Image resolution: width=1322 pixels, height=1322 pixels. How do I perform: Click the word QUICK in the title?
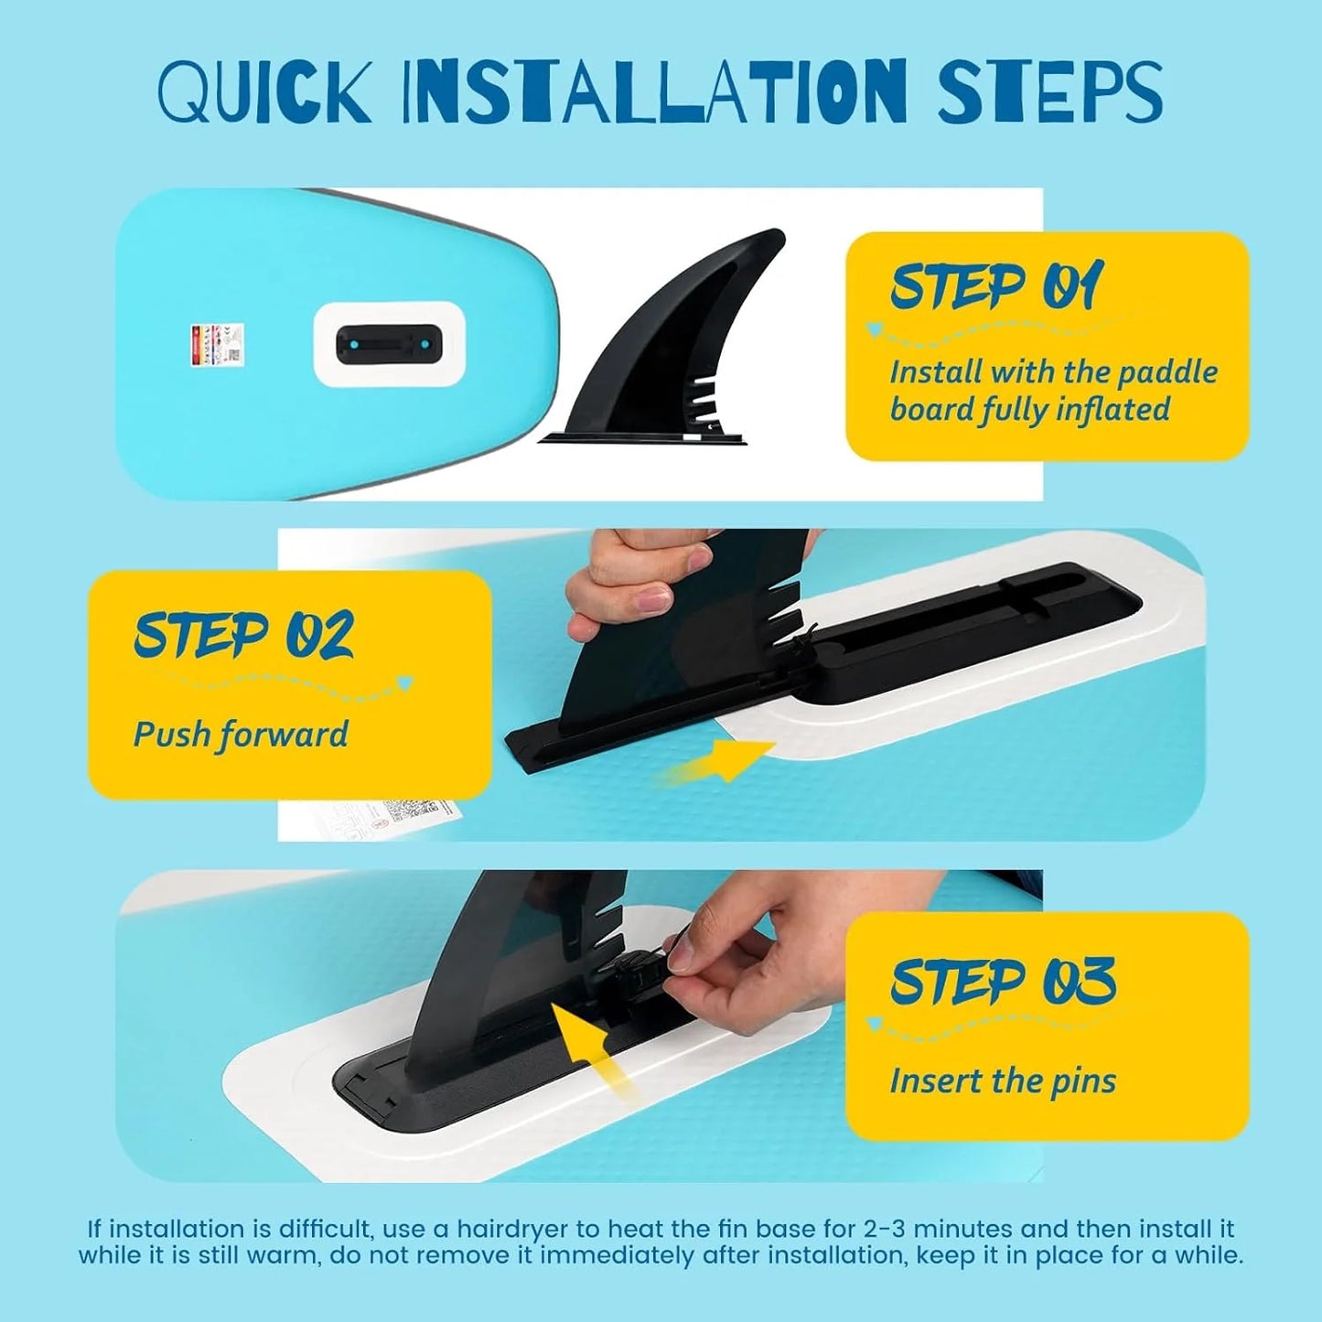click(x=264, y=92)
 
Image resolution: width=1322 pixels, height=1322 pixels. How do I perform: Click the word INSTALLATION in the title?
click(x=655, y=92)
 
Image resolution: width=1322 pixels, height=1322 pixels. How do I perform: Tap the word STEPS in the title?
click(x=1049, y=92)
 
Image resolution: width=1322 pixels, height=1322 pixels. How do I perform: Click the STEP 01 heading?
click(x=997, y=286)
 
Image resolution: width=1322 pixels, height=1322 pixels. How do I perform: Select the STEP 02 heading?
click(x=243, y=635)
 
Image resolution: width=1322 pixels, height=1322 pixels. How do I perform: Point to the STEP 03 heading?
click(x=1003, y=982)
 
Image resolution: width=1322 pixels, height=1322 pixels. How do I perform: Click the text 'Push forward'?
click(x=241, y=735)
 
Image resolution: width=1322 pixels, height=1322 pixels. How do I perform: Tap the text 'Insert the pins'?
click(x=1003, y=1081)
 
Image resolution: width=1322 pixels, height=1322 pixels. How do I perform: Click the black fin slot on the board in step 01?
click(x=389, y=344)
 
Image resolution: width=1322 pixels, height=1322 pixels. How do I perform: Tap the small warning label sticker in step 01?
click(x=217, y=344)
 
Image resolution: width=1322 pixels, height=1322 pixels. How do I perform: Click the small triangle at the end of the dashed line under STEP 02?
click(x=405, y=682)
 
